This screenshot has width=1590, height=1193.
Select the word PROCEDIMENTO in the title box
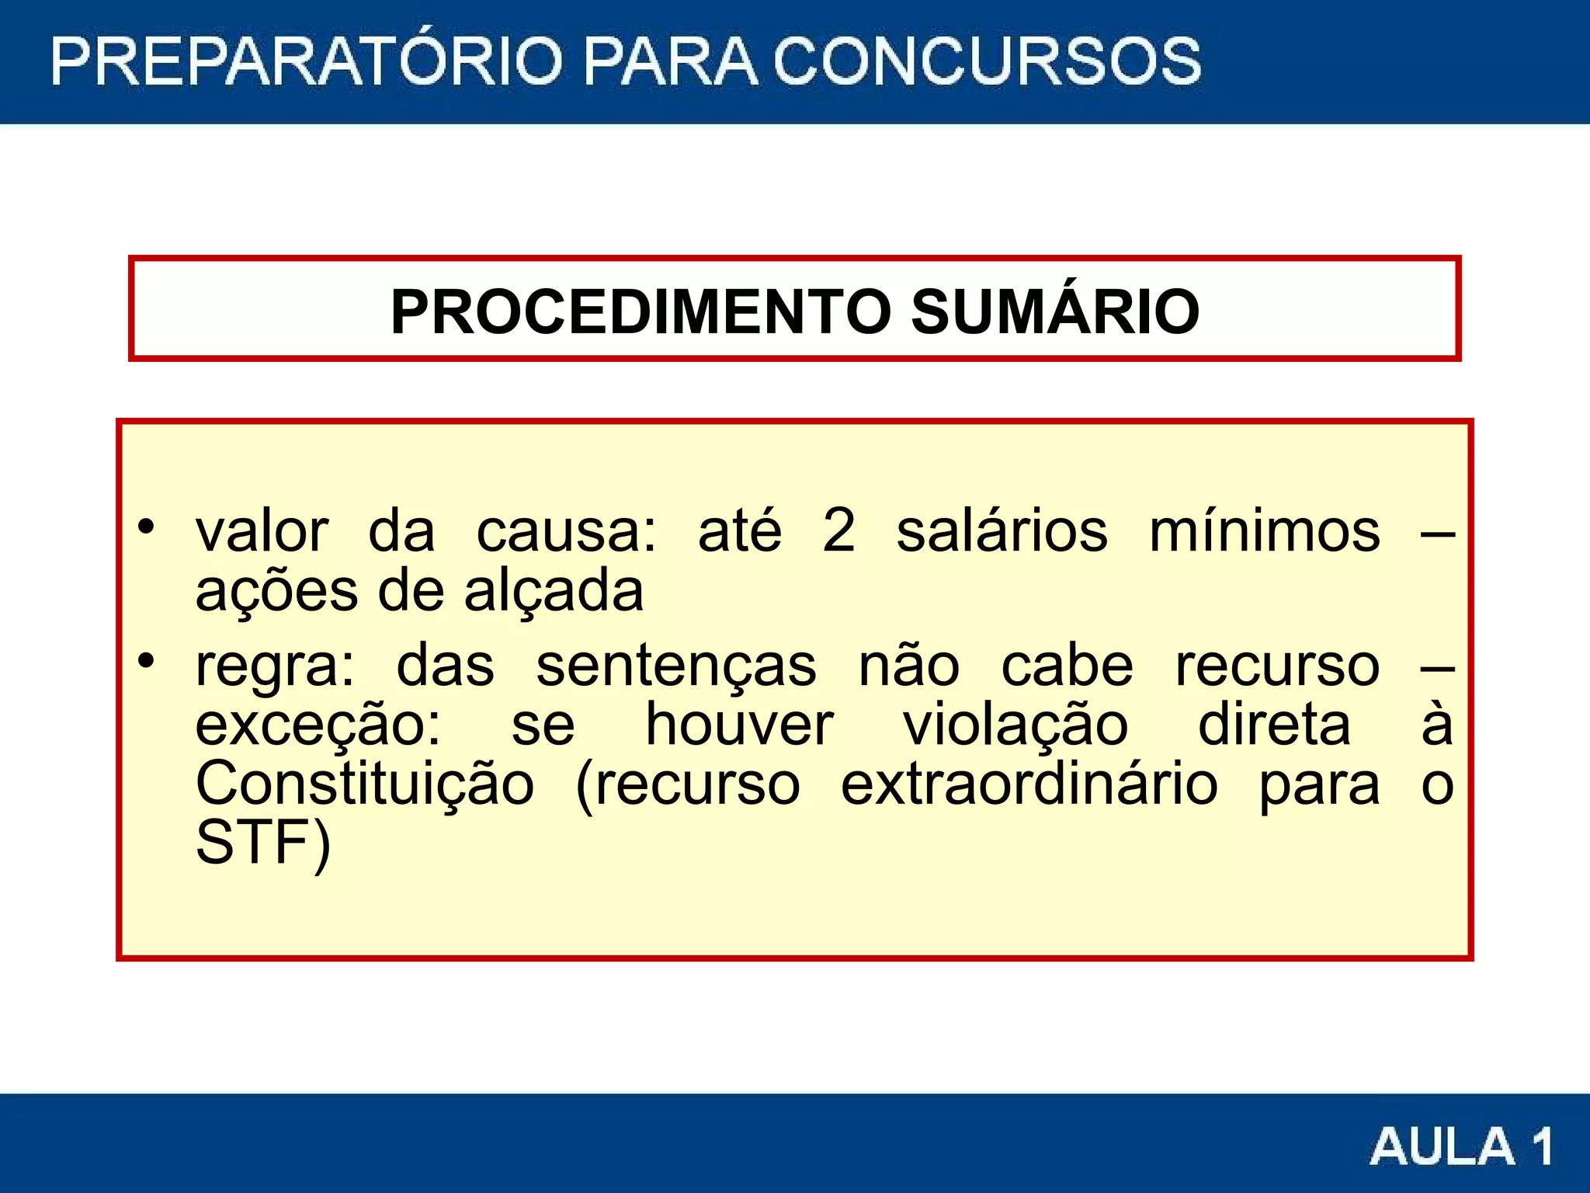click(641, 311)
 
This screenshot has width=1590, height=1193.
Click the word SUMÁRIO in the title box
click(1055, 311)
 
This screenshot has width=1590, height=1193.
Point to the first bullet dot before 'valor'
click(146, 527)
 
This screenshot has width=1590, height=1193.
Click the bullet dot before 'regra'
click(146, 661)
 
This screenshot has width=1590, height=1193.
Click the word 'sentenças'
click(676, 666)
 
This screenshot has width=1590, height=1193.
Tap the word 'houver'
click(739, 725)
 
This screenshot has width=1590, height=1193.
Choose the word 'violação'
click(1015, 725)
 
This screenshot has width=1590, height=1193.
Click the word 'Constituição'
click(365, 784)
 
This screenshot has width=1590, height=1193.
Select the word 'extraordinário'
click(1029, 784)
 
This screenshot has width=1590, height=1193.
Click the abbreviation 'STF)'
click(263, 843)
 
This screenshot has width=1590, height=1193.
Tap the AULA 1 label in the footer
click(1461, 1146)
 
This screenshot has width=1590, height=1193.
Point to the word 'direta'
click(1274, 725)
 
